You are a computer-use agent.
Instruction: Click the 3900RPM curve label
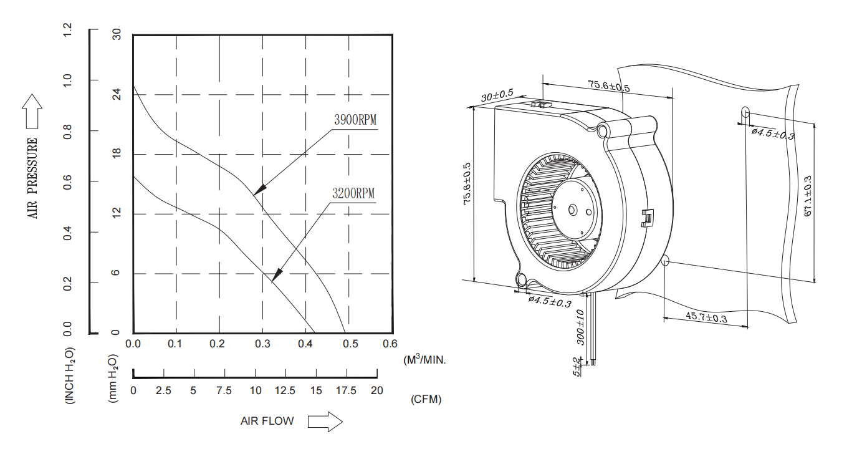pos(355,120)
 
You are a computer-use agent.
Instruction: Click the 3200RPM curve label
pos(353,193)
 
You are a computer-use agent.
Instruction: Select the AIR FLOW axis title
pos(267,421)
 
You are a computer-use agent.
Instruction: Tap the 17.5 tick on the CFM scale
pos(346,390)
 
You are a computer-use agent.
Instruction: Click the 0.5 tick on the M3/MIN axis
pos(350,344)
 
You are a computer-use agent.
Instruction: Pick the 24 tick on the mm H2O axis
pos(116,95)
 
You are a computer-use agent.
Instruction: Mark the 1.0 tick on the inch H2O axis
pos(68,80)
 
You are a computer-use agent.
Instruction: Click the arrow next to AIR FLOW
pos(325,422)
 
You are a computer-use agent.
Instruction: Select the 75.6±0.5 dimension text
pos(608,86)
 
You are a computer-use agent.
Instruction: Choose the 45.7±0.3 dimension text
pos(706,317)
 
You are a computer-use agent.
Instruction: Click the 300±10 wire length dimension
pos(580,327)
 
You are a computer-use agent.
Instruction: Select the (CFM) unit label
pos(426,400)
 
